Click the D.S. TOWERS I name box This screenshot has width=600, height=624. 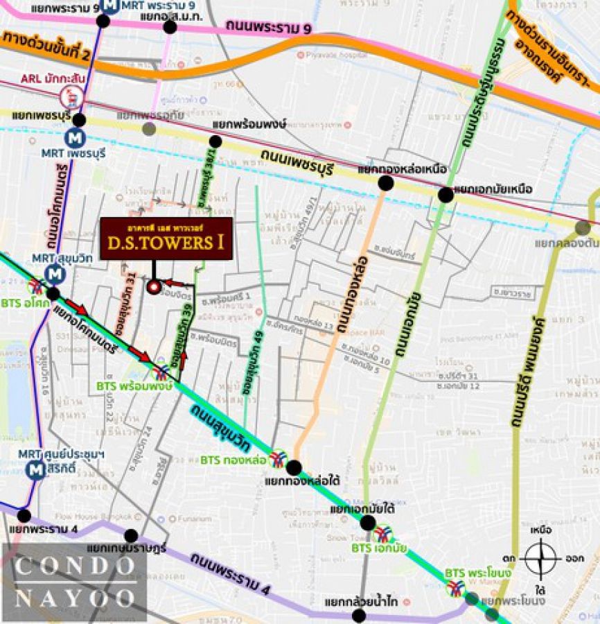pyautogui.click(x=166, y=239)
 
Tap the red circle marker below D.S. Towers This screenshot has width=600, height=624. pyautogui.click(x=153, y=286)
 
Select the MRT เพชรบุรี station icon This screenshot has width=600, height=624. pyautogui.click(x=75, y=137)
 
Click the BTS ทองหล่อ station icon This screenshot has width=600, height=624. pyautogui.click(x=278, y=459)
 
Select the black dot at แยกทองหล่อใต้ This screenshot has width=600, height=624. pyautogui.click(x=294, y=467)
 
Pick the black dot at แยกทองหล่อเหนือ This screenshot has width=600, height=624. pyautogui.click(x=386, y=183)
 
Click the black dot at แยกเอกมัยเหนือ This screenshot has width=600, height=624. pyautogui.click(x=446, y=195)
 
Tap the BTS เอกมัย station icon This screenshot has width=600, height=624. pyautogui.click(x=382, y=534)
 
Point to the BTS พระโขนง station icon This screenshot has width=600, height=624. pyautogui.click(x=455, y=588)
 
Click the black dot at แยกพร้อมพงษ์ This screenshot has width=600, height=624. pyautogui.click(x=215, y=141)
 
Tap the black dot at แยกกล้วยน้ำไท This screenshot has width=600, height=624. pyautogui.click(x=359, y=615)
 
